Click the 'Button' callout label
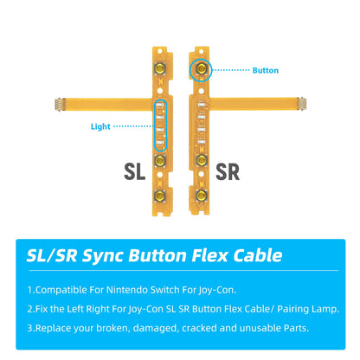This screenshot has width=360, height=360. [x=266, y=70]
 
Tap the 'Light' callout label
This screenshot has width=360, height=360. [x=101, y=126]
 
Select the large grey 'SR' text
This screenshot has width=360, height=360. [x=228, y=170]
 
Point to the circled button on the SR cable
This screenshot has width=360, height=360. [x=200, y=67]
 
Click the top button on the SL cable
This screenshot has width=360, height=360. [x=161, y=68]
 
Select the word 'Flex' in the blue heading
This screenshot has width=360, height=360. [x=205, y=255]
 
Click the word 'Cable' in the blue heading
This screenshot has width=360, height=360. [x=254, y=255]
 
